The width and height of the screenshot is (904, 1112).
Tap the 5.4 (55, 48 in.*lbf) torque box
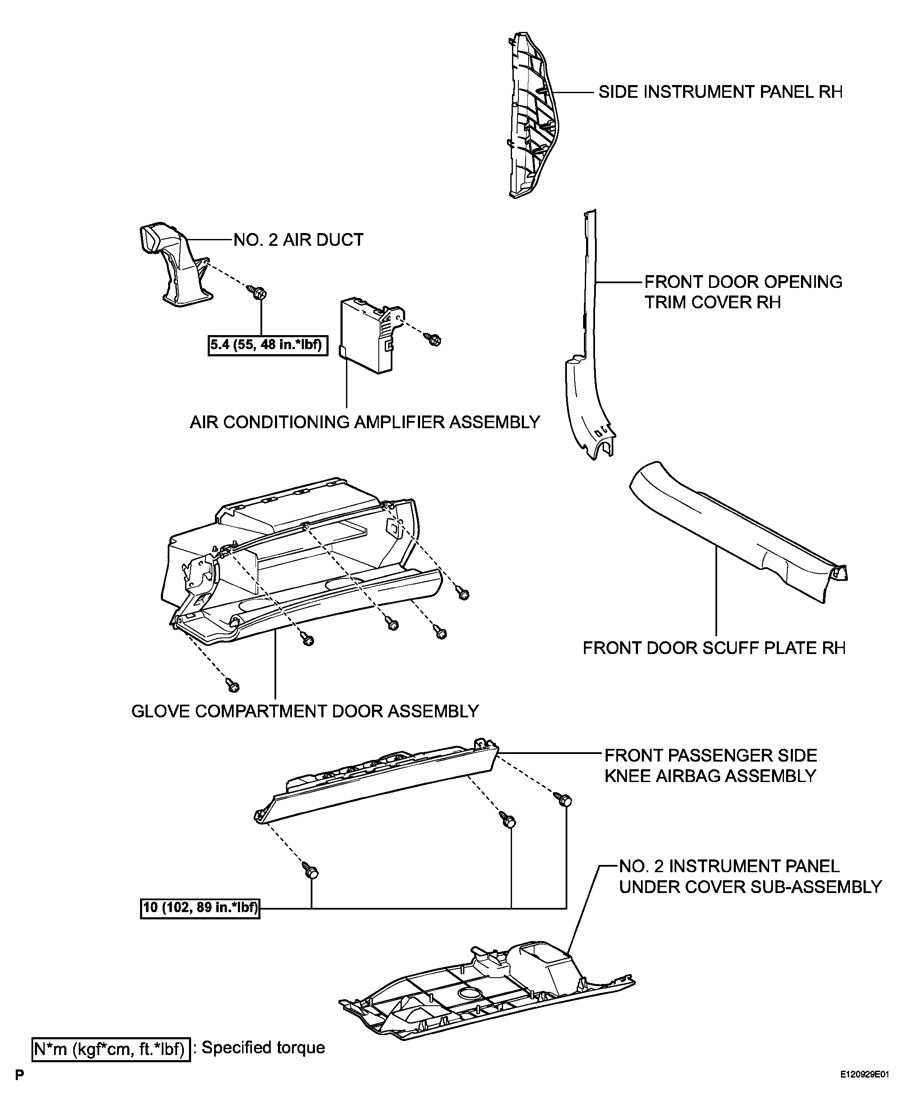click(268, 345)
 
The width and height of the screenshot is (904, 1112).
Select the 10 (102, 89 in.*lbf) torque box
click(200, 908)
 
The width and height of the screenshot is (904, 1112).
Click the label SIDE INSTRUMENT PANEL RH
click(720, 92)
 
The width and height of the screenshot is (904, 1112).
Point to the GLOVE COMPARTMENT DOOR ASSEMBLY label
click(305, 711)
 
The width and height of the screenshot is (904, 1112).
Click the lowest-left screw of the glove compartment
click(232, 685)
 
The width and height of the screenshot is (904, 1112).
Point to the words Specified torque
click(263, 1047)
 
